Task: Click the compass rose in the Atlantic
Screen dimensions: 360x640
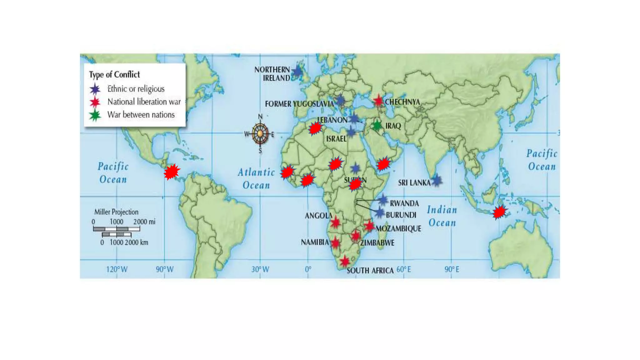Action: [x=260, y=134]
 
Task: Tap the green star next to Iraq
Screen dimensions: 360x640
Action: [x=377, y=126]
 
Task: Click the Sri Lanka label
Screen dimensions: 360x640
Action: [x=414, y=183]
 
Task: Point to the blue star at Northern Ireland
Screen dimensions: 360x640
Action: [x=297, y=72]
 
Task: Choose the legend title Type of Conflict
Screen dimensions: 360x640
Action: [x=114, y=75]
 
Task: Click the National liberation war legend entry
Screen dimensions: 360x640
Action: [x=144, y=102]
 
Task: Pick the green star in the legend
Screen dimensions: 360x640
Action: [x=95, y=116]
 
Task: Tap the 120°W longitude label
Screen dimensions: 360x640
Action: [x=117, y=269]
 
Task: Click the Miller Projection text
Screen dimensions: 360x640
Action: [x=116, y=212]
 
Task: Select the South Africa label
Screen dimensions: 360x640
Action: [x=370, y=271]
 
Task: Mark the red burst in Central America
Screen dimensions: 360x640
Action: [x=172, y=172]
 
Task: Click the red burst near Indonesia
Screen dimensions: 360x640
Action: [x=499, y=212]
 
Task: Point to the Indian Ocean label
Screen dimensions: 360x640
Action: [x=442, y=216]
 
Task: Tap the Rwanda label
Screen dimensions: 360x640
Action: [x=404, y=203]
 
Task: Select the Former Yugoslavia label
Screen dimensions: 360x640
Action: [x=299, y=104]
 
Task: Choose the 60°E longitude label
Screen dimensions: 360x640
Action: [x=403, y=269]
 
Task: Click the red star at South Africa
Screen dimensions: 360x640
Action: [x=344, y=261]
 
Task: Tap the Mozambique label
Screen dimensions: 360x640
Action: [x=398, y=229]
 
